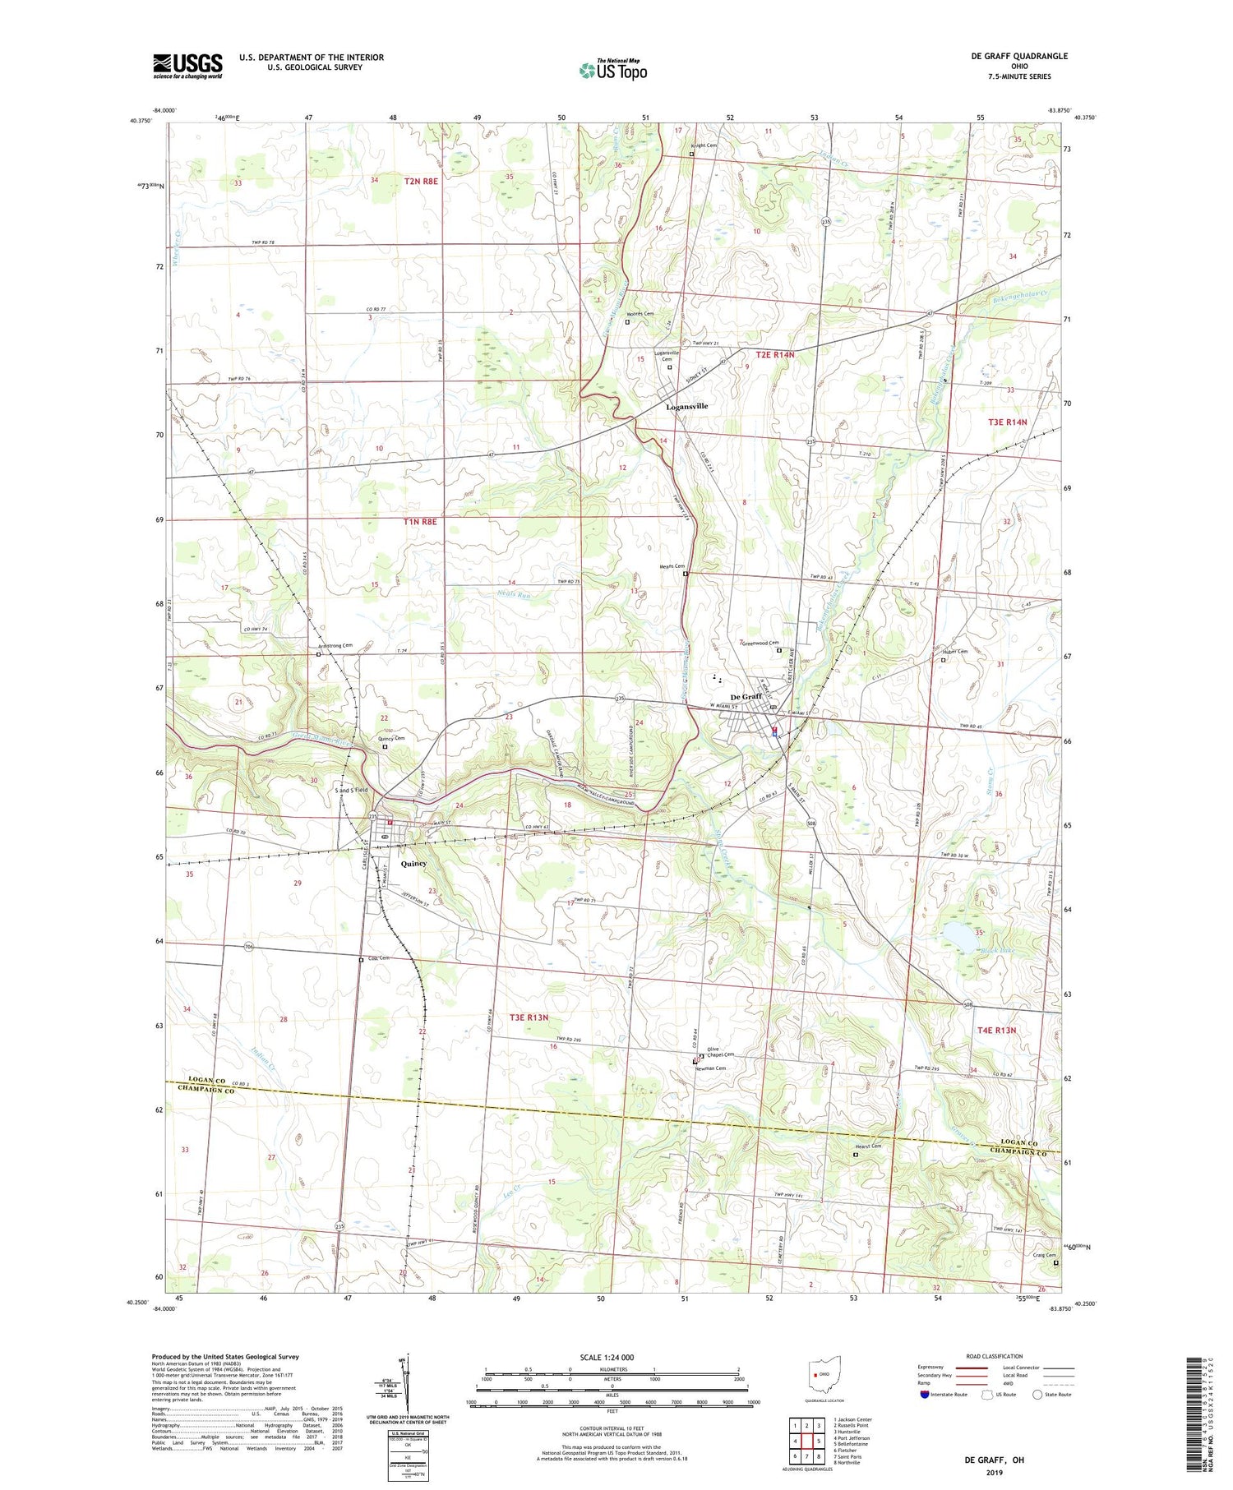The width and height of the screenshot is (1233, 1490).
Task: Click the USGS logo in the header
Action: pyautogui.click(x=187, y=66)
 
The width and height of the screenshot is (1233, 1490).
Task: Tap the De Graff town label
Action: pyautogui.click(x=746, y=697)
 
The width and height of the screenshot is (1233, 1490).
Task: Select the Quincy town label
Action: pyautogui.click(x=413, y=864)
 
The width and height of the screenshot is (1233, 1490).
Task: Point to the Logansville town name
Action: pyautogui.click(x=686, y=406)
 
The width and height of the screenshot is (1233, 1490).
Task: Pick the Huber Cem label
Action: pyautogui.click(x=954, y=652)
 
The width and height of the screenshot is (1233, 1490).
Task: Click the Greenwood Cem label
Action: pyautogui.click(x=760, y=644)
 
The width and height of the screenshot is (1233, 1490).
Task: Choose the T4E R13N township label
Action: pyautogui.click(x=996, y=1030)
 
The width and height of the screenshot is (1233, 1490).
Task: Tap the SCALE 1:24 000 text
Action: pyautogui.click(x=607, y=1357)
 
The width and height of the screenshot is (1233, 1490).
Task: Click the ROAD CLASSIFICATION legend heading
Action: pyautogui.click(x=994, y=1356)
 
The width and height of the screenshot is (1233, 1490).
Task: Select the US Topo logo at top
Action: pyautogui.click(x=612, y=71)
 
